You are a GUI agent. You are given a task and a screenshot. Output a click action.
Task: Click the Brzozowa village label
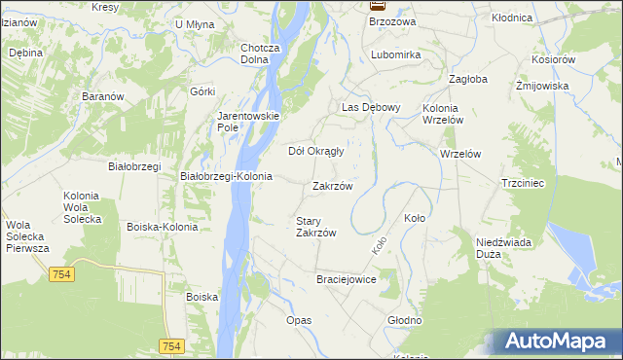pos(393,21)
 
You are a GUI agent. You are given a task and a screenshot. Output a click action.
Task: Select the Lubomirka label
pos(395,55)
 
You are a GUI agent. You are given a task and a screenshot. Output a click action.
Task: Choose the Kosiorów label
pos(555,59)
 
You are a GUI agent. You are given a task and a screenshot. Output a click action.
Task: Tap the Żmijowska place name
pos(542,86)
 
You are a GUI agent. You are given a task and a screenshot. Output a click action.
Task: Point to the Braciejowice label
pos(346,279)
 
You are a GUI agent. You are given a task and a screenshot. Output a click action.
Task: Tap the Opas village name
pos(299,320)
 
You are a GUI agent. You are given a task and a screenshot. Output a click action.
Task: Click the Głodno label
pos(404,320)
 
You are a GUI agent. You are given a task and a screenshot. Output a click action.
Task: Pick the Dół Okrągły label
pos(316,151)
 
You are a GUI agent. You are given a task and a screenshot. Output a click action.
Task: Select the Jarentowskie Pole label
pos(248,122)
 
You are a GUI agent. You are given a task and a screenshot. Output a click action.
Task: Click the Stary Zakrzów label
pos(315,227)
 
